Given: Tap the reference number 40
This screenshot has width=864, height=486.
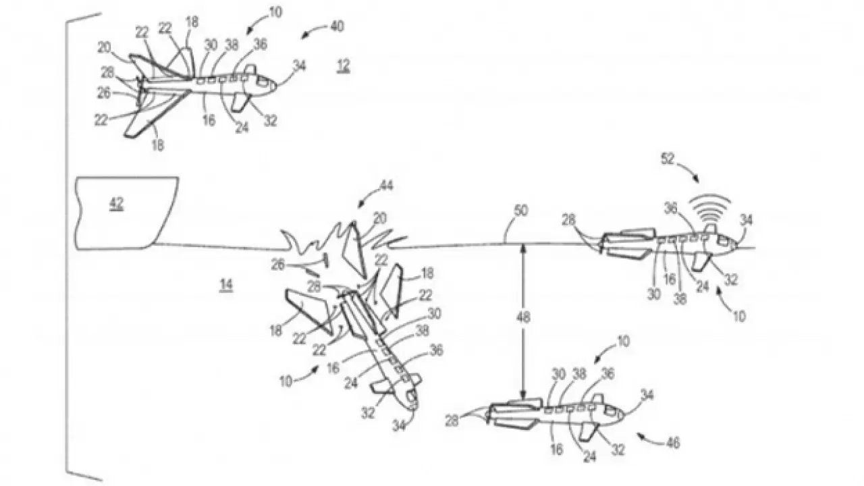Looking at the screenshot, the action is (337, 26).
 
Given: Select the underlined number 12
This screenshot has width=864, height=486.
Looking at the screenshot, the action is (344, 66).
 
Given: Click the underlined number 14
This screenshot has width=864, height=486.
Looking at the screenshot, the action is (226, 285).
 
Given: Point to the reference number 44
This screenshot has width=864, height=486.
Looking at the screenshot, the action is (386, 186).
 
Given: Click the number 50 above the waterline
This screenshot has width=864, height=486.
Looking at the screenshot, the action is (520, 211).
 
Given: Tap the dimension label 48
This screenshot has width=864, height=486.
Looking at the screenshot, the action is (523, 317).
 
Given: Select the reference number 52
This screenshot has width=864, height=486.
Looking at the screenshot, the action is (668, 159).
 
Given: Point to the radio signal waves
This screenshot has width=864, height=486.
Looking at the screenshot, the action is (711, 209).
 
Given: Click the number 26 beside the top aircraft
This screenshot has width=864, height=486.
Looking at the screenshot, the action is (103, 92).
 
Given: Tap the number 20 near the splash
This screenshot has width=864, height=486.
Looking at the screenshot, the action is (379, 219).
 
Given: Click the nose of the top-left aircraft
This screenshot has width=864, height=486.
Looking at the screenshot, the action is (275, 85).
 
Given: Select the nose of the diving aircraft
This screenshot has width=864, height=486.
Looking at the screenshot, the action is (414, 406).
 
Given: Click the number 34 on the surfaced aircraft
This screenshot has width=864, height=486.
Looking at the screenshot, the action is (747, 220).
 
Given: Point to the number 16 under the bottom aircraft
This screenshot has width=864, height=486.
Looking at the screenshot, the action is (556, 449).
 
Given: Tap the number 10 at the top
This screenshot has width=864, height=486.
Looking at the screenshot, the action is (275, 12).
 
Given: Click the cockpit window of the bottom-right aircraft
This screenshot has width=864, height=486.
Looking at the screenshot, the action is (611, 411).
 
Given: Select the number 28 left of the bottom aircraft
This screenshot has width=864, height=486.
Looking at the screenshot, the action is (452, 420).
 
